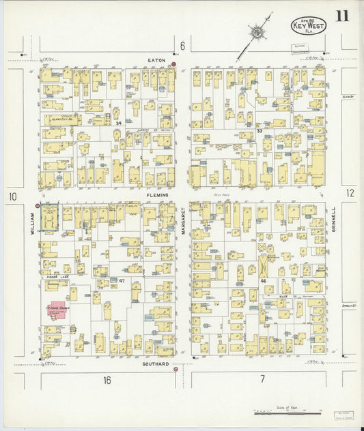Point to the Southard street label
click(156, 363)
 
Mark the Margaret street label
click(183, 222)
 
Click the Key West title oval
click(309, 26)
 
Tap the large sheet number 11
click(341, 16)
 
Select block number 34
click(118, 123)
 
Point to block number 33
click(259, 130)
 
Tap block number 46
click(263, 280)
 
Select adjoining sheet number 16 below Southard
click(107, 380)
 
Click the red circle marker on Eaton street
click(174, 64)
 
